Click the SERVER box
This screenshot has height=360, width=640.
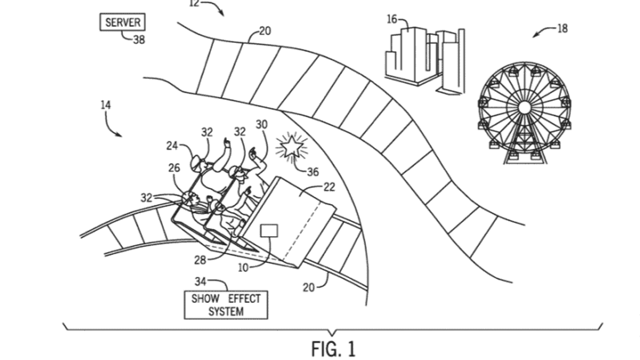(122, 23)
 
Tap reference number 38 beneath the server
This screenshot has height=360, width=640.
(138, 40)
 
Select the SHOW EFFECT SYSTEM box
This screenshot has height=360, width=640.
(226, 305)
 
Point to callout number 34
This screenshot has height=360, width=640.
(200, 281)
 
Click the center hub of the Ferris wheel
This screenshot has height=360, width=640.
(524, 107)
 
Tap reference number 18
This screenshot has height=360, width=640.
(562, 29)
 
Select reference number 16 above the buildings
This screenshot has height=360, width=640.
(392, 20)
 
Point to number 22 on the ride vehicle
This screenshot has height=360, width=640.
(329, 188)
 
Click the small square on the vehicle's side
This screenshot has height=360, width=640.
(269, 231)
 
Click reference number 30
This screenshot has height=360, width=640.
(262, 124)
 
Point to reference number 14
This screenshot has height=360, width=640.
(106, 105)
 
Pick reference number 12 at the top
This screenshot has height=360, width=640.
(194, 3)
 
